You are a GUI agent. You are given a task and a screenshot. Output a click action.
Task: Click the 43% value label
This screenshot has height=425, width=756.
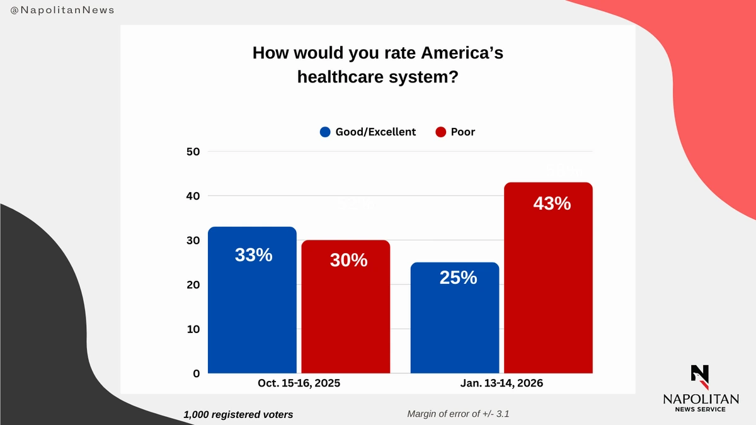(552, 204)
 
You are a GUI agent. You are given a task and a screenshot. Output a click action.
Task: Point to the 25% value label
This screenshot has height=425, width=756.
(458, 277)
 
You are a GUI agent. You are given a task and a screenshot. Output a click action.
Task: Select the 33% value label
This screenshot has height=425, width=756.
(253, 255)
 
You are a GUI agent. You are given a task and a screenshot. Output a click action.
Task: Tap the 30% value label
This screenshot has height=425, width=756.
(348, 259)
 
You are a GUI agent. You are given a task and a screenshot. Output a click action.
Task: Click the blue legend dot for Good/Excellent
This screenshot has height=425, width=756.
(325, 132)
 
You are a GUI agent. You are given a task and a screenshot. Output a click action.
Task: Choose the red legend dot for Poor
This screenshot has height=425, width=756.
(440, 132)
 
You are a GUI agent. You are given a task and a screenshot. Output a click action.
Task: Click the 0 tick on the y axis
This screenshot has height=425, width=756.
(195, 373)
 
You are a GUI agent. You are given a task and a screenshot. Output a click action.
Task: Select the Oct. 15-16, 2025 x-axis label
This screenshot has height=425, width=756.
(299, 383)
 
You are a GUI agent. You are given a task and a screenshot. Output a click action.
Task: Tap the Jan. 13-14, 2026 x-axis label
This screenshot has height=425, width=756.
(501, 383)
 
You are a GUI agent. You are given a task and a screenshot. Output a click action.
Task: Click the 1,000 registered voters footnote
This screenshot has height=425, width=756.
(238, 415)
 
